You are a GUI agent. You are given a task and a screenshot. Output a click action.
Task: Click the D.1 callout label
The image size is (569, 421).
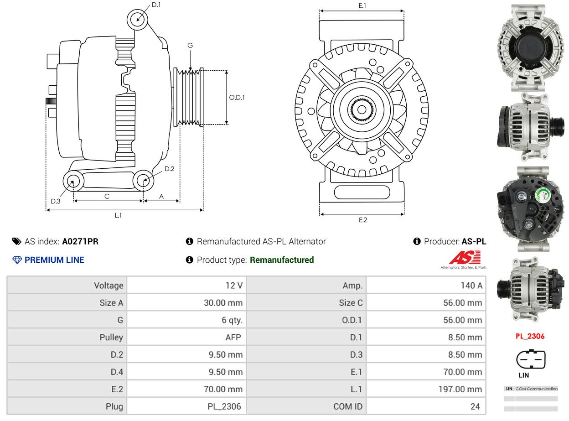156,5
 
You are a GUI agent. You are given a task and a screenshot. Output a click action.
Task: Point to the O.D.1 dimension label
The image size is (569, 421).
237,97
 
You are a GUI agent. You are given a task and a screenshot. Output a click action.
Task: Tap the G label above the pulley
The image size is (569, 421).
190,45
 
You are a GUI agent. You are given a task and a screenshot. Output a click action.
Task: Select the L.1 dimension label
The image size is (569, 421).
118,215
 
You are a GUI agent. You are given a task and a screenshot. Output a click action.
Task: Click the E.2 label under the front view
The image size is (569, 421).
362,220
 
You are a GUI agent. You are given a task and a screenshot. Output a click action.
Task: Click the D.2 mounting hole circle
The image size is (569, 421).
144,181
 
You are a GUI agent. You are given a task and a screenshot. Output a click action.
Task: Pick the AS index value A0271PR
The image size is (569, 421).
80,241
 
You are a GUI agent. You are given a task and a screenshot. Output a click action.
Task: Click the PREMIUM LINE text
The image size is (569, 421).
54,260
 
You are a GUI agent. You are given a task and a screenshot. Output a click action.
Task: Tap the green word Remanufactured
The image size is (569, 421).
282,260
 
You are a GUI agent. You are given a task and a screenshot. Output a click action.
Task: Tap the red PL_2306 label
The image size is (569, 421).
530,336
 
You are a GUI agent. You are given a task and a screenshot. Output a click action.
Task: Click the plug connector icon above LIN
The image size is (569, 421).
531,359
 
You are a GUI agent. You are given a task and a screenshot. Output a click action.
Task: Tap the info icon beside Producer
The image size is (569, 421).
417,241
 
